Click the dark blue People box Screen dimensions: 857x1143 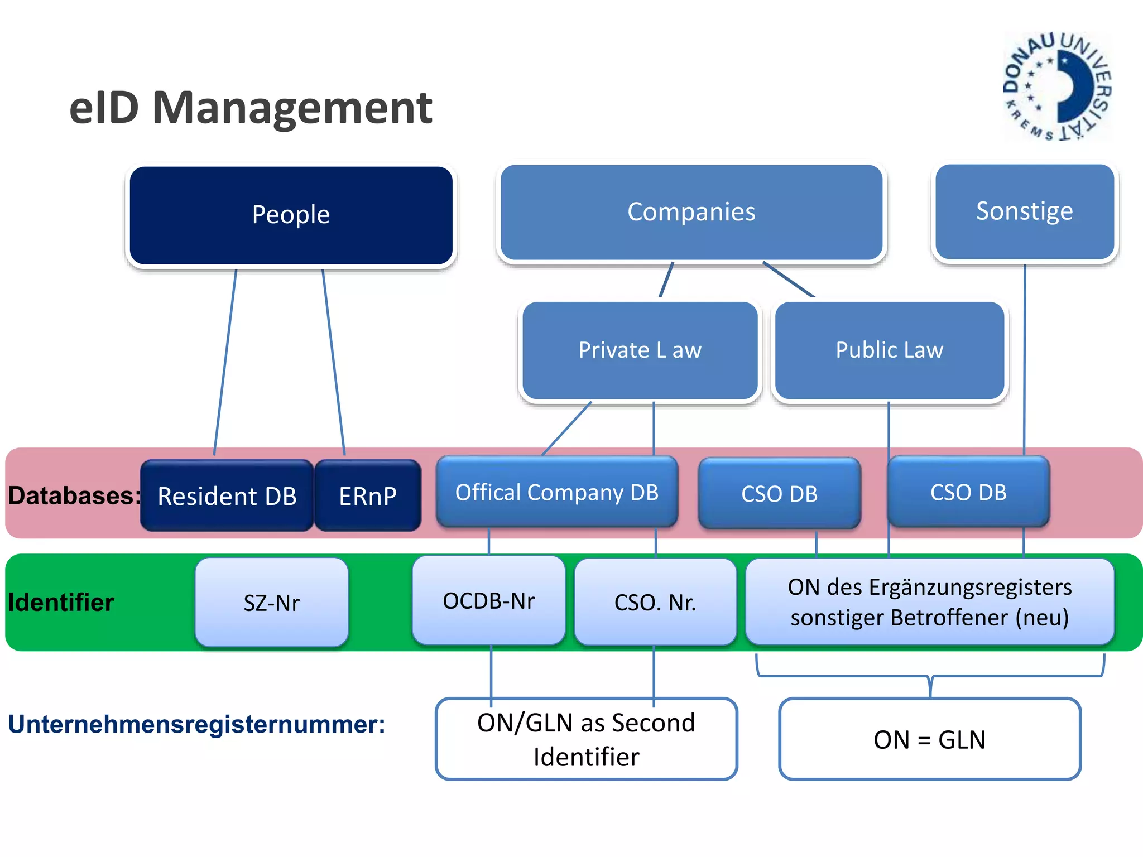[x=291, y=215]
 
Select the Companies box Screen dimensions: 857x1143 [x=691, y=212]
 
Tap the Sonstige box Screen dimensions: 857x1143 [x=1024, y=211]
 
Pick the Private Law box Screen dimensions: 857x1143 [x=640, y=350]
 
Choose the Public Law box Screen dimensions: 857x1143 [x=889, y=350]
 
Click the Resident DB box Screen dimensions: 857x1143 [x=227, y=495]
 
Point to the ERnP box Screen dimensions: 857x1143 [x=368, y=495]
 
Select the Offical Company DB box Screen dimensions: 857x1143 [x=556, y=492]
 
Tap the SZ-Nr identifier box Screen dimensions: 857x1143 [x=272, y=603]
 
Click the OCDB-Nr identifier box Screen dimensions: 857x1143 [x=488, y=601]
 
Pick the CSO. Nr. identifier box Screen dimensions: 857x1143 [x=655, y=603]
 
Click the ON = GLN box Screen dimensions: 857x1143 [x=929, y=739]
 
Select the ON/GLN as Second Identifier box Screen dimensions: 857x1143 [x=586, y=739]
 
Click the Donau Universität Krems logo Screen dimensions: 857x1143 [x=1056, y=86]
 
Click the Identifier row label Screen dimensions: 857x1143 [x=61, y=603]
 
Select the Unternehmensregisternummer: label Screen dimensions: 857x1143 [x=196, y=724]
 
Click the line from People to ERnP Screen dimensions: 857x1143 [x=334, y=363]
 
